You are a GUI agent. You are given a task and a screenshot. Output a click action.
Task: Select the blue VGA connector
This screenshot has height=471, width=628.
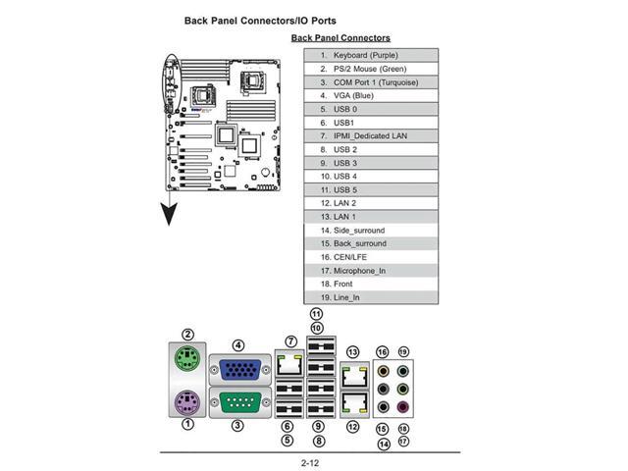coord(238,370)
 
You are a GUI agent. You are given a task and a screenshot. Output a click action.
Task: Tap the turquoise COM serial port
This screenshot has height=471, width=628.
coord(238,402)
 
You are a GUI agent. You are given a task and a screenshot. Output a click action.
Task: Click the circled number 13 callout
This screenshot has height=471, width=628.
coord(352,351)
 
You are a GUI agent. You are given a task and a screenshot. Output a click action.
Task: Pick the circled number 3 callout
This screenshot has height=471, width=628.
coord(237,425)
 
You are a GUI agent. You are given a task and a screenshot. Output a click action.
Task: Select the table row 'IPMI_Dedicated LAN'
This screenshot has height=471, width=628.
coord(370,135)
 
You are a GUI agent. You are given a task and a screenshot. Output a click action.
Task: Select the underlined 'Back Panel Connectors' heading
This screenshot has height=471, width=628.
coord(340,38)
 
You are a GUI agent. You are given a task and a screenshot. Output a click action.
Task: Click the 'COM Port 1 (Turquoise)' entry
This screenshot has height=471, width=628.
coord(370,81)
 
